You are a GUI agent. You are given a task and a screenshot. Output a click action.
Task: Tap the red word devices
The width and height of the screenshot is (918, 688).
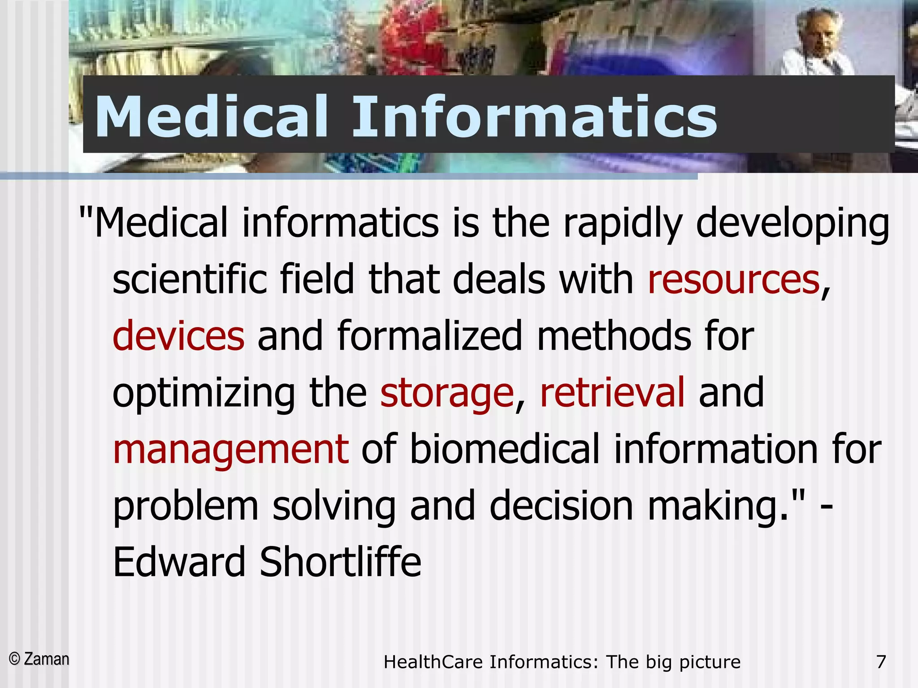coord(178,336)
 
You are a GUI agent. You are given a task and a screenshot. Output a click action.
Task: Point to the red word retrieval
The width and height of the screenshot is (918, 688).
coord(612,392)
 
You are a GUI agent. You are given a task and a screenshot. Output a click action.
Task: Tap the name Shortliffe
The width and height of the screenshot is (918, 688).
coord(341,562)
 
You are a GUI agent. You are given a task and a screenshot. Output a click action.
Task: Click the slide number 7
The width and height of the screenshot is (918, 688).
coord(881,662)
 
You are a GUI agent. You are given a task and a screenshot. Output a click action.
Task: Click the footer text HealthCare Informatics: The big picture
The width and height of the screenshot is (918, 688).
coord(562,662)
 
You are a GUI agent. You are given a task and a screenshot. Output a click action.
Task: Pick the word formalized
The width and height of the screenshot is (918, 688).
coord(430,336)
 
